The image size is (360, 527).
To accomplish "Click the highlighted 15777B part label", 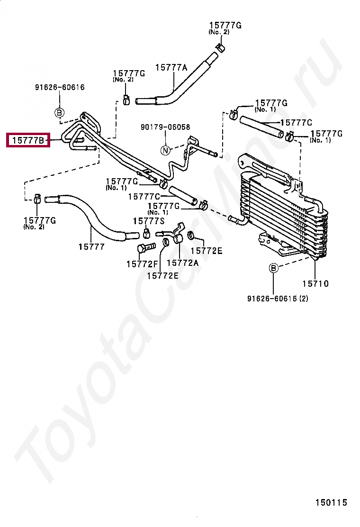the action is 28,140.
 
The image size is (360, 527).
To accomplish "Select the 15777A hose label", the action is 171,68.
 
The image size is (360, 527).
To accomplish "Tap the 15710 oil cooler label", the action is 315,284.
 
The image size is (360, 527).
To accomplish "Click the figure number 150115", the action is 331,502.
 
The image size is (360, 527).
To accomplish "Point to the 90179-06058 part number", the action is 165,127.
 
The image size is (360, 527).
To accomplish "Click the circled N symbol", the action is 165,150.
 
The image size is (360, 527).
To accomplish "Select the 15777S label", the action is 149,221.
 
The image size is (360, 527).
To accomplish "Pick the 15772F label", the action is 142,264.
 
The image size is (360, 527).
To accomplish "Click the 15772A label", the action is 183,263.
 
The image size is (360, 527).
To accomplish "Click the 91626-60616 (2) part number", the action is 278,299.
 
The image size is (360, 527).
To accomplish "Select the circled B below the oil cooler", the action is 274,268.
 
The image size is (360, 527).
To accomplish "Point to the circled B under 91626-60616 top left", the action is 59,112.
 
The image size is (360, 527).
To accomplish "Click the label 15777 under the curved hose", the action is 92,247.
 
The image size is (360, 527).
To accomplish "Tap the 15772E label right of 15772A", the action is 207,251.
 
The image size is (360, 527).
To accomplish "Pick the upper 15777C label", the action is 296,123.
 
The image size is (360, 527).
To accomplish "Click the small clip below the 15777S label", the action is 146,233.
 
